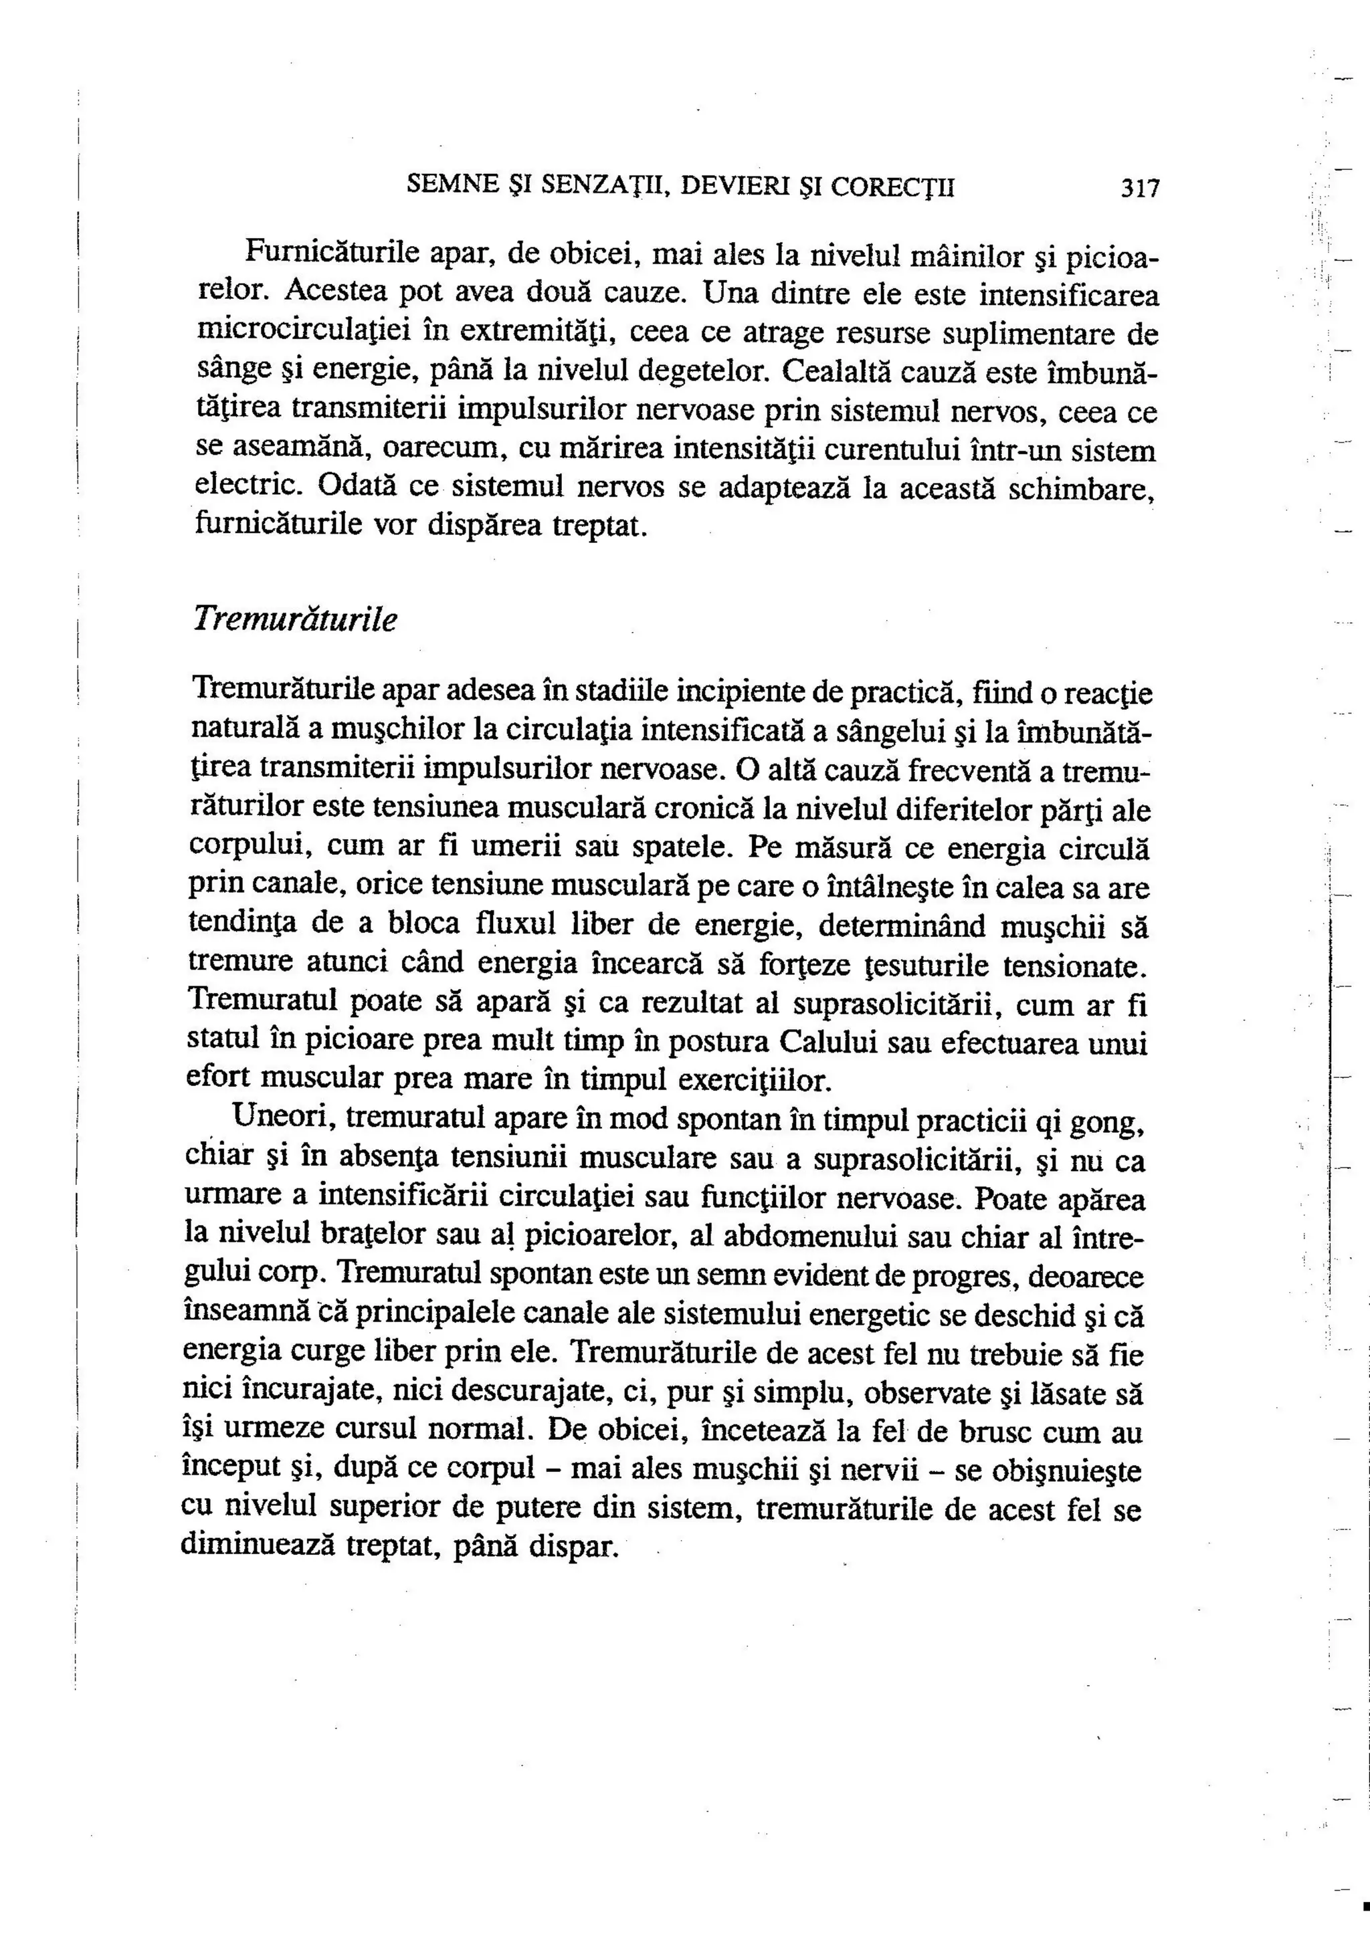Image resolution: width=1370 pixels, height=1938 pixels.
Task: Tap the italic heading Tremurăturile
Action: tap(294, 619)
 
